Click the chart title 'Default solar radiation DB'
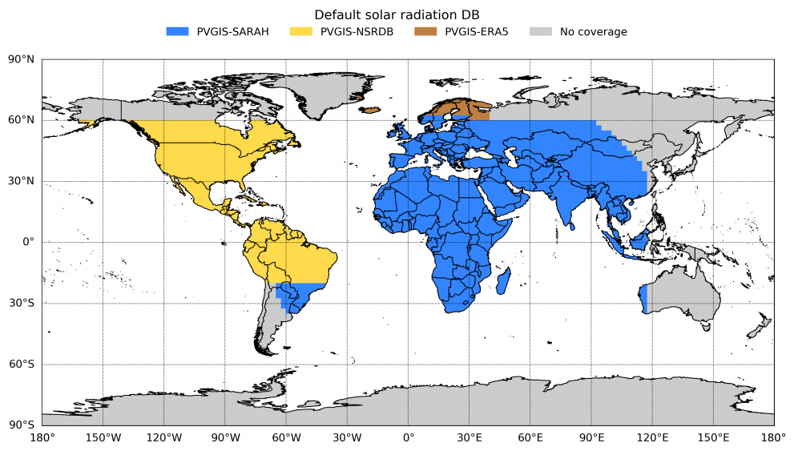pos(397,14)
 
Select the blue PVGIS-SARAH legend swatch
pos(177,32)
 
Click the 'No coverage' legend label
pos(593,32)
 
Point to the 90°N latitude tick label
pos(22,59)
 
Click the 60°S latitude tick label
pos(22,364)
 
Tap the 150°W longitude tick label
pos(103,437)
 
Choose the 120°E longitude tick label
pos(653,437)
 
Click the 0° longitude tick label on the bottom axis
pos(409,437)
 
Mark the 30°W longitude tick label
pos(347,437)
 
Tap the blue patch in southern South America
pos(296,296)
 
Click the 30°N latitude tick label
pos(22,181)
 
